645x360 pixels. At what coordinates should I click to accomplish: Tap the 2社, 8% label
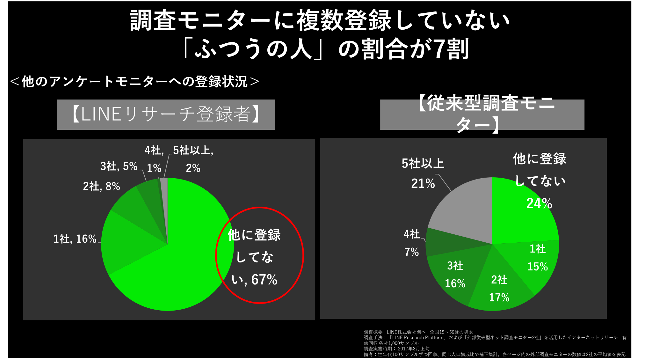[x=101, y=187]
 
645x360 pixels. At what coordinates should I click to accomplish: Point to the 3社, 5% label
[x=119, y=166]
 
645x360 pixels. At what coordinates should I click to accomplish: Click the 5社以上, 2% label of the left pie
[x=193, y=159]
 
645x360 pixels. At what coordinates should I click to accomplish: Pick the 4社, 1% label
[x=154, y=159]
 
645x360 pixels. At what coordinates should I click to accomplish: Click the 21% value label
[x=423, y=184]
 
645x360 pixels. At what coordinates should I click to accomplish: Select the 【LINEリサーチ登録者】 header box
[x=166, y=114]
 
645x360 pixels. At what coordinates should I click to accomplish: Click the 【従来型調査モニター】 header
[x=482, y=114]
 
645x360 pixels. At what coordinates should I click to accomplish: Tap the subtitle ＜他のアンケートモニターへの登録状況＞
[x=134, y=82]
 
